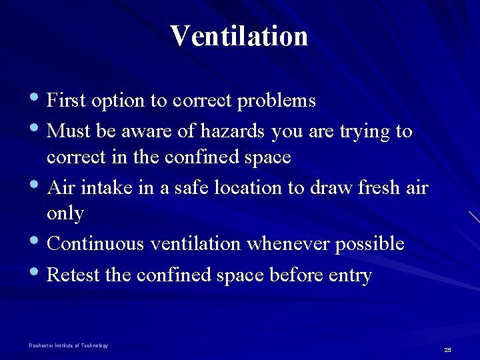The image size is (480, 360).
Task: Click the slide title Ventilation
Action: (x=239, y=36)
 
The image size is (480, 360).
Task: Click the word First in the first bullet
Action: (x=67, y=101)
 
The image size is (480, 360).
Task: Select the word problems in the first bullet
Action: (x=277, y=101)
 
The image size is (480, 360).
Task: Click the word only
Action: (x=65, y=214)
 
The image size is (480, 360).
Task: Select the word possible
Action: (x=369, y=245)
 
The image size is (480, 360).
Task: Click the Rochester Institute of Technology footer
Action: (x=68, y=345)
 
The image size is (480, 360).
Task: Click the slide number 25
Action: (x=448, y=350)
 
